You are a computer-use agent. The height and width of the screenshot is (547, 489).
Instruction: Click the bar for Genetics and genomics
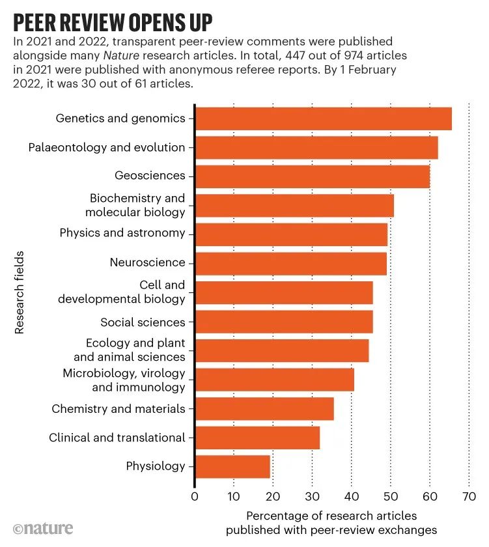click(x=323, y=119)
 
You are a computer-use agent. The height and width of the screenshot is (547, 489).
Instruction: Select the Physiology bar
click(x=232, y=466)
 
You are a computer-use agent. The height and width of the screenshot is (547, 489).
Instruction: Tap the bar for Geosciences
click(x=312, y=176)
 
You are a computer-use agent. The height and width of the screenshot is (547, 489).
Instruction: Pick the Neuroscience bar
click(x=290, y=263)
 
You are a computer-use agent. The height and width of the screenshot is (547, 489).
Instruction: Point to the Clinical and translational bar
click(x=257, y=438)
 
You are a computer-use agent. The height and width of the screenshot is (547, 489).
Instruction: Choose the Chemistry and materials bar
click(x=264, y=409)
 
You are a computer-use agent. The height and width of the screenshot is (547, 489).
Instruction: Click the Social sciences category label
click(x=143, y=322)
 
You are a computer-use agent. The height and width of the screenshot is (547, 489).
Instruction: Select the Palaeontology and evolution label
click(x=107, y=147)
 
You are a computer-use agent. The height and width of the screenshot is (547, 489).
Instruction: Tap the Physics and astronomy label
click(x=122, y=233)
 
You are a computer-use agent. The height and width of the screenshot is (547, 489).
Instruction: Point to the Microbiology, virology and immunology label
click(x=124, y=380)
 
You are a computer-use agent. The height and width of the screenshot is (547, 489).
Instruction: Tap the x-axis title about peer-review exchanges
click(x=331, y=522)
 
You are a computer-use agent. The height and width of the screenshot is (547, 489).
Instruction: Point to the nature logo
click(x=44, y=528)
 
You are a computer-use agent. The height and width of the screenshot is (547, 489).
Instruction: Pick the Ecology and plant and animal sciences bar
click(x=281, y=350)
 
